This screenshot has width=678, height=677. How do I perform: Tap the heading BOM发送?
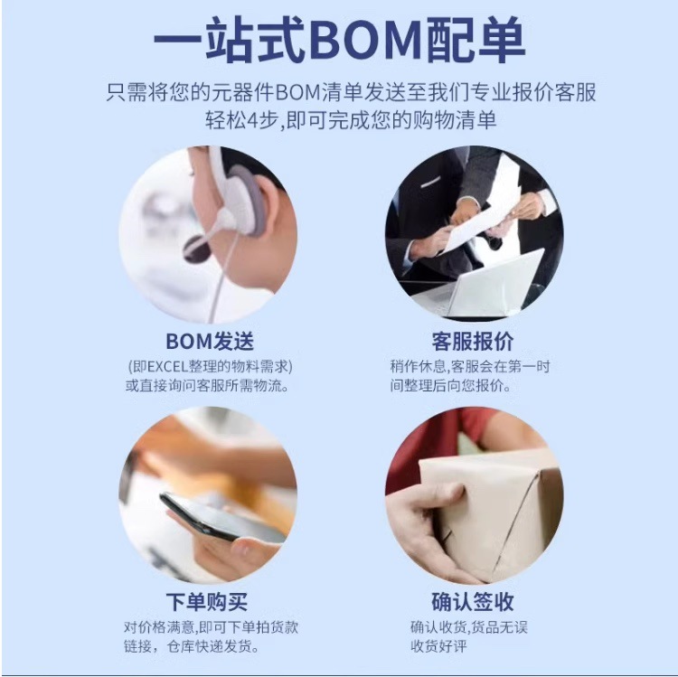(210, 342)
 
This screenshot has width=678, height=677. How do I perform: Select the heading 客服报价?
(473, 342)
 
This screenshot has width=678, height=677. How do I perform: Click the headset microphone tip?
(195, 249)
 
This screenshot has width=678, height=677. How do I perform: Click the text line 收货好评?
(440, 647)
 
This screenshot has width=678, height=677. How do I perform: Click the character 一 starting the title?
(177, 41)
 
